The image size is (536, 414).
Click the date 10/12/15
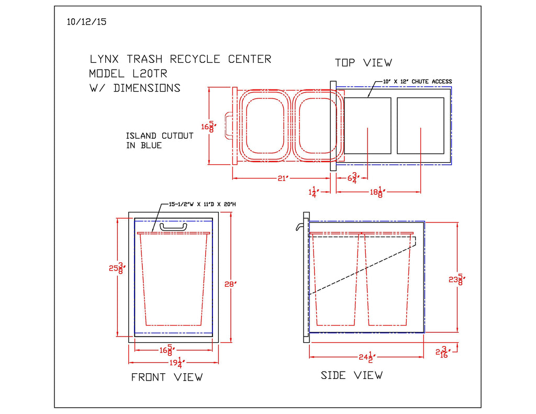point(87,22)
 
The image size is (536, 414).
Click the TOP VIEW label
point(363,63)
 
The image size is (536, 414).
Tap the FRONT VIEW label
point(166,377)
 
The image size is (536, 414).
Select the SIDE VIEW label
point(352,375)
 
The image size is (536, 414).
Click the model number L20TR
point(146,74)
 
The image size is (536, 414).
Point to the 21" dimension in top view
point(283,178)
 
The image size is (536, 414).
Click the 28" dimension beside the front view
point(231,284)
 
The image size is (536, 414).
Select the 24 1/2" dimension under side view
point(366,357)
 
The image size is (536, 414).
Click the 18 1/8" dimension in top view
point(376,193)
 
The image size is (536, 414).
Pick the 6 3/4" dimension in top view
point(352,178)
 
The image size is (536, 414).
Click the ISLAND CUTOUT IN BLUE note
point(160,140)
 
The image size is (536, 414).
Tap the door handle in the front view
point(173,227)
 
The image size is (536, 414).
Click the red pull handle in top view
point(228,126)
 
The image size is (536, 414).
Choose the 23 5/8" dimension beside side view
point(457,279)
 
